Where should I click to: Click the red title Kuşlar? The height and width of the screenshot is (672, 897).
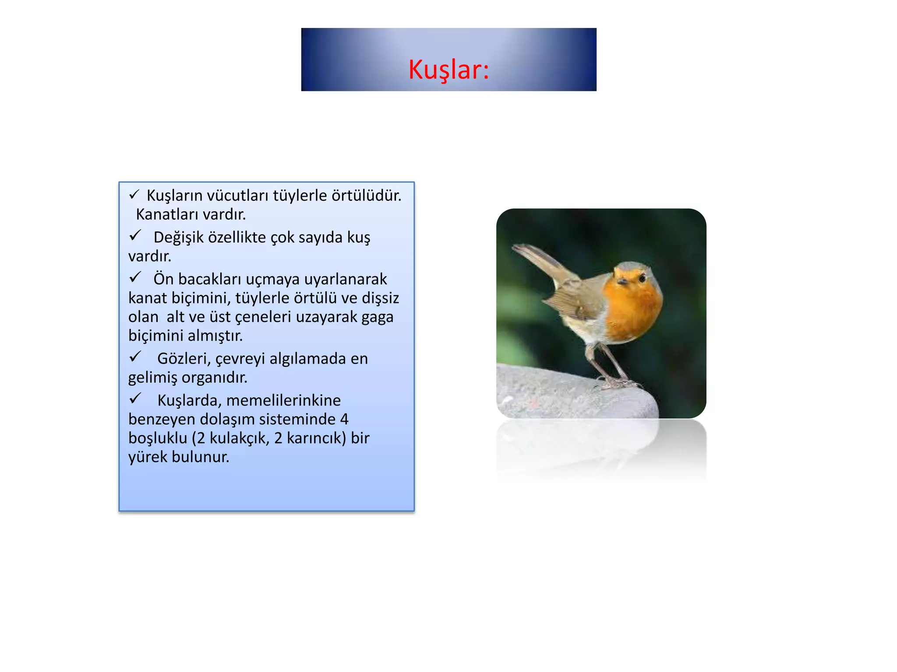pos(448,70)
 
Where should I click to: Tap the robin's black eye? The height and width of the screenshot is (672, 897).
pos(642,278)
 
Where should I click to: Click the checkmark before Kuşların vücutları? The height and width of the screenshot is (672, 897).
pos(134,194)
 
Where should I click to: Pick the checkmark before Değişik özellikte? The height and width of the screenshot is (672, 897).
pos(134,236)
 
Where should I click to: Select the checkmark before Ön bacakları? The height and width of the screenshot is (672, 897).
pos(134,277)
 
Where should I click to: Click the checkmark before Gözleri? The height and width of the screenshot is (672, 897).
pos(134,357)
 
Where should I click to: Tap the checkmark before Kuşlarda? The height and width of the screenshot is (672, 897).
pos(134,399)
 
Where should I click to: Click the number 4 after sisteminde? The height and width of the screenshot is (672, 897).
pos(344,419)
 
